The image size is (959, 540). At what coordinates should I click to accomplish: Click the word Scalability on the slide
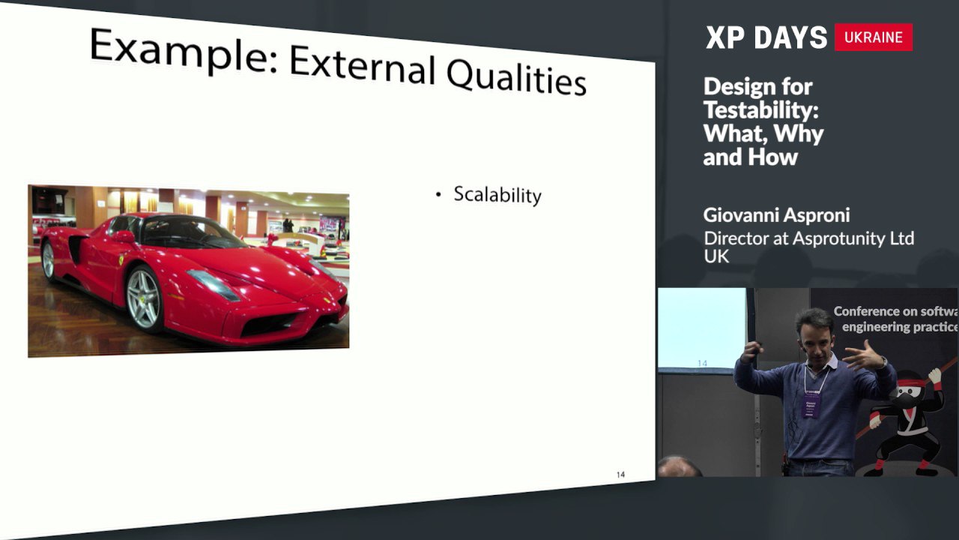(497, 196)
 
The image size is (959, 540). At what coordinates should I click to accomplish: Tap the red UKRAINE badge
(874, 37)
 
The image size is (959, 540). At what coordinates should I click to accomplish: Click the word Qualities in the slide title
(516, 76)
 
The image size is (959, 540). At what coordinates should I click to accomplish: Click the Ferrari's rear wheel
(49, 259)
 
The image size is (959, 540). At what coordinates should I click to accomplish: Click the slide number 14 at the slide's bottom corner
(621, 475)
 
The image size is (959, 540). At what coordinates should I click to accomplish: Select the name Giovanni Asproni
(776, 215)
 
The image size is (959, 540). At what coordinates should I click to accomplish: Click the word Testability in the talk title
(761, 109)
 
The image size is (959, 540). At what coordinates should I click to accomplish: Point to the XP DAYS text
(766, 37)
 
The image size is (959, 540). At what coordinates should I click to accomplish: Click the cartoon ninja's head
(911, 391)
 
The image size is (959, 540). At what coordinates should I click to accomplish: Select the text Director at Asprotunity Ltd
(808, 238)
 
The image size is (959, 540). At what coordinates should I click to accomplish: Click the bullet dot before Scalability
(438, 194)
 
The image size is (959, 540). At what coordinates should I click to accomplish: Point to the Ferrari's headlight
(214, 285)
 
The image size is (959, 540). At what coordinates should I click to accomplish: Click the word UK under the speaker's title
(716, 256)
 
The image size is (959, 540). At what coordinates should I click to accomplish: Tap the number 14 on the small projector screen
(702, 364)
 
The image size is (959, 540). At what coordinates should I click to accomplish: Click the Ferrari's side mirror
(124, 236)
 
